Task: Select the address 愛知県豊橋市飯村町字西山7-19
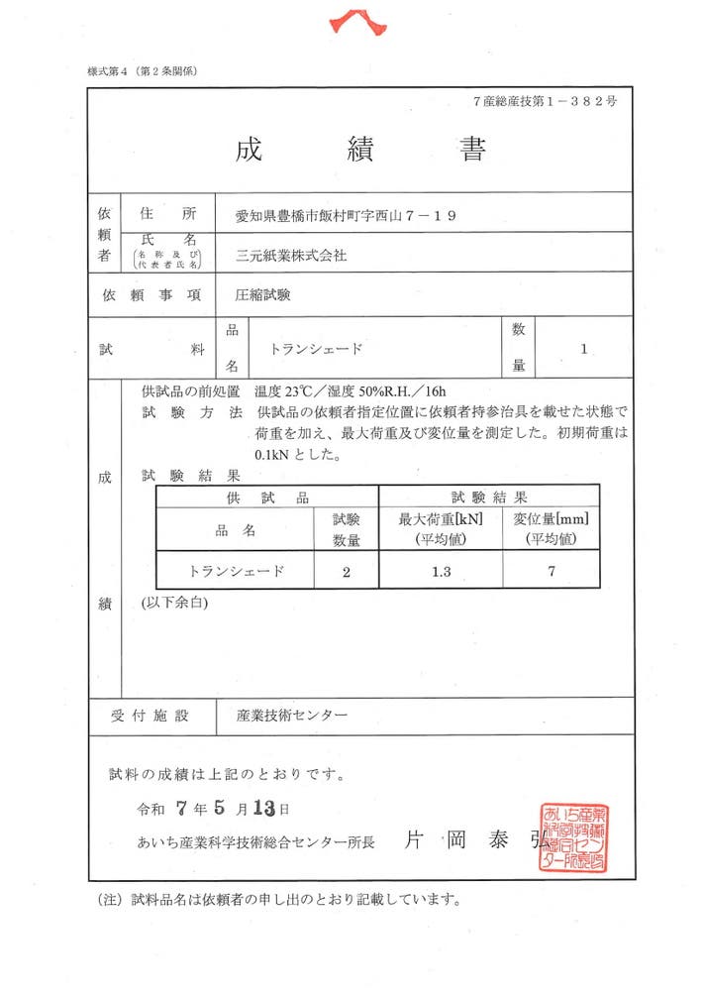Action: (x=346, y=214)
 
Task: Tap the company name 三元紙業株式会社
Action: (x=291, y=255)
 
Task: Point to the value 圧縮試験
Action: (x=262, y=295)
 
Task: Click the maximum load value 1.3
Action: (x=441, y=571)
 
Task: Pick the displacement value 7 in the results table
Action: (x=551, y=571)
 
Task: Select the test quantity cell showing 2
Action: (x=346, y=571)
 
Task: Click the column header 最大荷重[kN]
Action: (x=441, y=519)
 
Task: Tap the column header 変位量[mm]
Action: (x=551, y=519)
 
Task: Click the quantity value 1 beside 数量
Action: (x=584, y=349)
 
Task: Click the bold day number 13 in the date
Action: (x=262, y=808)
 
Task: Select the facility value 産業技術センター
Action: (x=292, y=715)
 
